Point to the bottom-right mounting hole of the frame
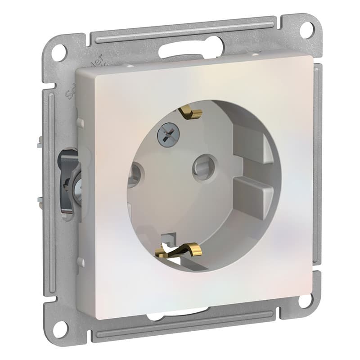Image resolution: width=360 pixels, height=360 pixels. click(x=306, y=300)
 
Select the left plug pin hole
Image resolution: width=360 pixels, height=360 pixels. click(x=134, y=175)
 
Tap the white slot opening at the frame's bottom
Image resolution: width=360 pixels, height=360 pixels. click(x=180, y=315)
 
